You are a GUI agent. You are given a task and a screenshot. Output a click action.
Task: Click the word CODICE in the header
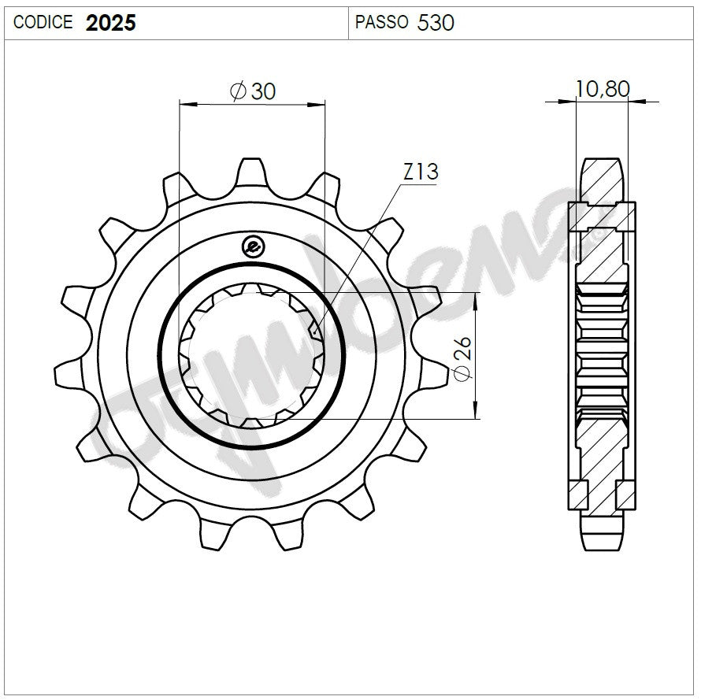click(x=43, y=23)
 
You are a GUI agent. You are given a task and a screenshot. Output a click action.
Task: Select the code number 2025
click(x=110, y=23)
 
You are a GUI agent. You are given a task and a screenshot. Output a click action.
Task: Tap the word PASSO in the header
click(x=381, y=23)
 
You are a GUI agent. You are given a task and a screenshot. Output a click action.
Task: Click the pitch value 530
click(x=436, y=23)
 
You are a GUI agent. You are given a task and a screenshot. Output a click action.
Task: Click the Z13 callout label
click(x=420, y=172)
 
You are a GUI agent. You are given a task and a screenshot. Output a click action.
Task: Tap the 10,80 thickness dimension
click(x=603, y=89)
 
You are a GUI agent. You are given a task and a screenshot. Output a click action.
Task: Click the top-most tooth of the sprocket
click(x=251, y=172)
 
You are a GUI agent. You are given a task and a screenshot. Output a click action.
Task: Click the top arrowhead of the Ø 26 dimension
click(x=476, y=300)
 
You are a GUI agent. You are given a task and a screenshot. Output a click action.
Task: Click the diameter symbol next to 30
click(x=238, y=92)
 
